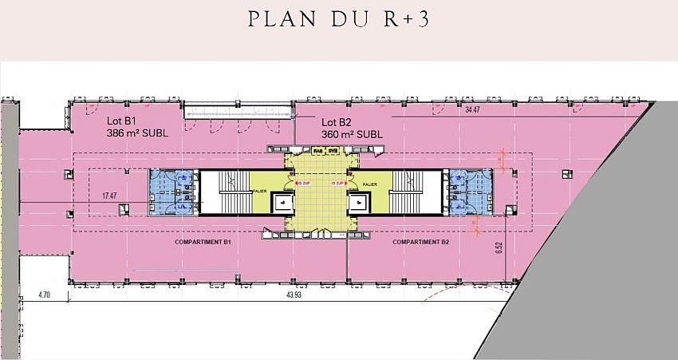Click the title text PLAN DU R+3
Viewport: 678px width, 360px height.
(339, 20)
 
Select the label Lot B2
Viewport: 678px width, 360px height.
(337, 122)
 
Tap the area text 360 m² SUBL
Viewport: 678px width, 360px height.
(352, 134)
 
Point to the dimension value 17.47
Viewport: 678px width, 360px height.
(108, 194)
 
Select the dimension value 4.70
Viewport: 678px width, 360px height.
(45, 295)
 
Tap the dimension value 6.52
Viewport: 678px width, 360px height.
(499, 247)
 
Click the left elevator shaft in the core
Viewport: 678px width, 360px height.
(281, 203)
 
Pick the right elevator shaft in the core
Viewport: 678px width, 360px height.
(357, 203)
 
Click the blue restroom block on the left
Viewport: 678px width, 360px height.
(171, 193)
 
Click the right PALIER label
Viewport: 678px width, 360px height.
(369, 184)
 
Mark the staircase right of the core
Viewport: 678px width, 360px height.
(416, 193)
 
